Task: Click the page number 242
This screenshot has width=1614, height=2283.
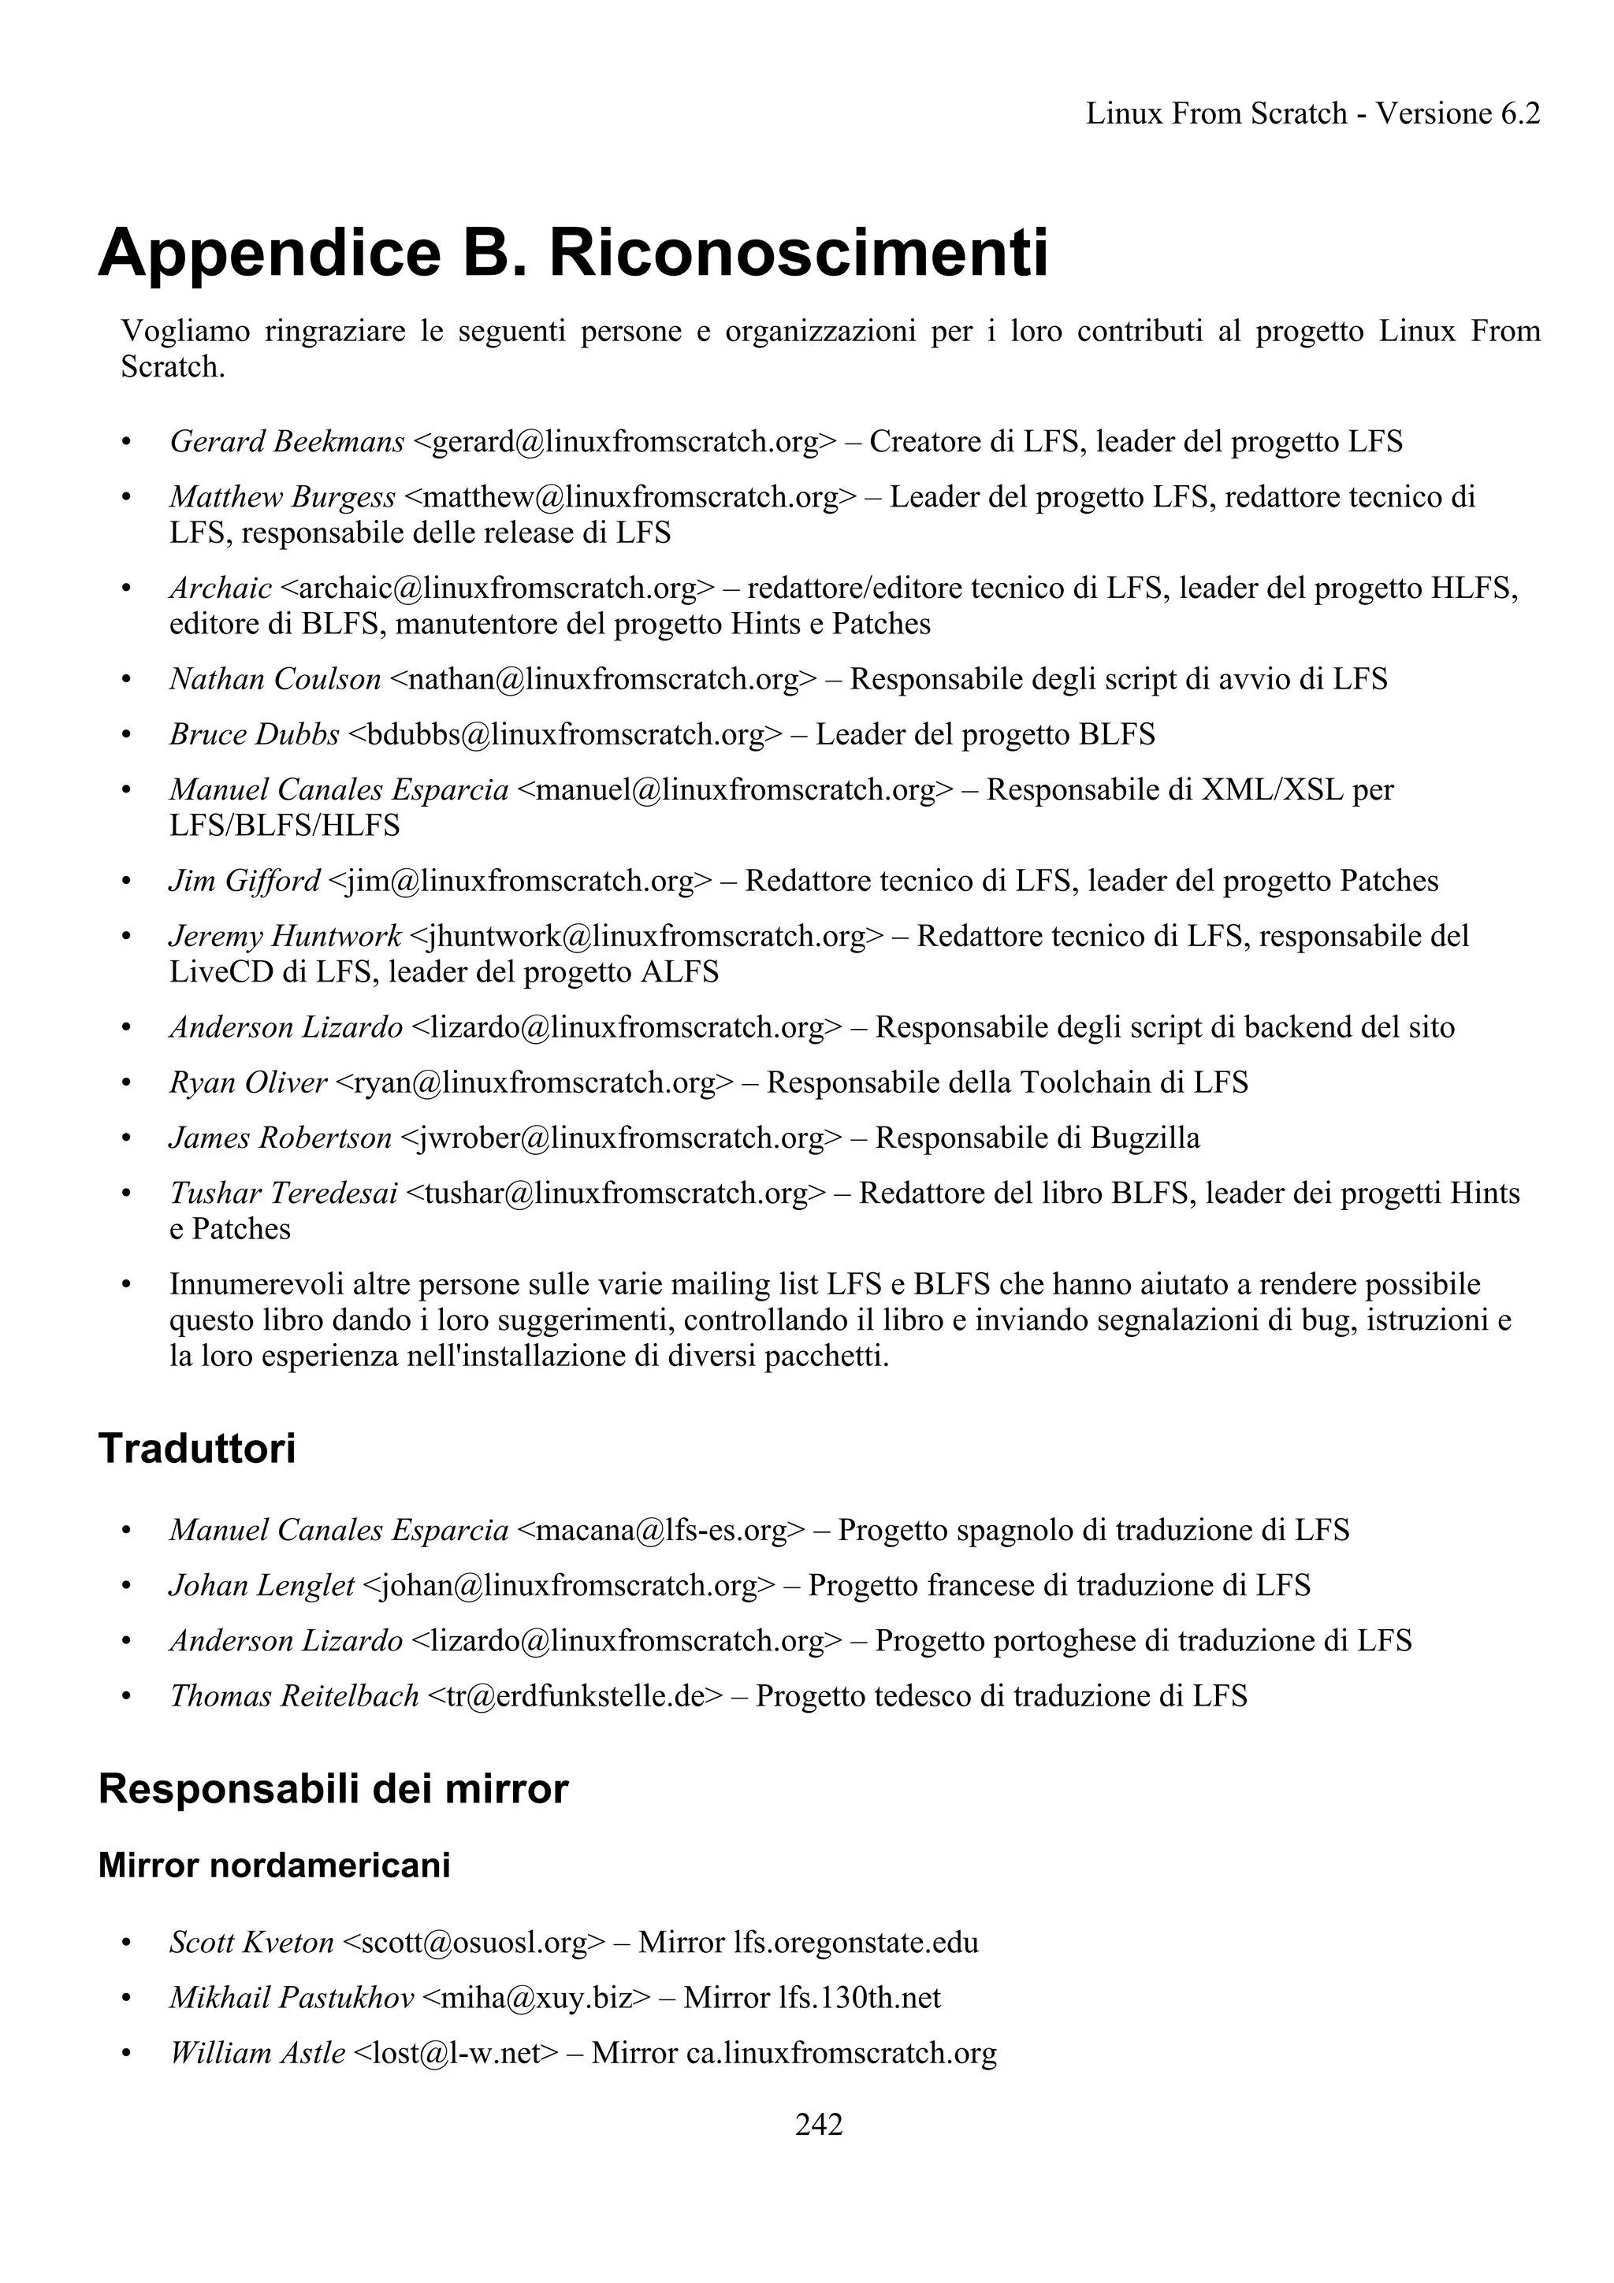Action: coord(819,2125)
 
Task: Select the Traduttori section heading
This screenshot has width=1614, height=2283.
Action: coord(197,1449)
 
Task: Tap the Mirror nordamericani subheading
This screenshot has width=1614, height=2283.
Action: coord(274,1865)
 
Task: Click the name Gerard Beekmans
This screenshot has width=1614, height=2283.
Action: coord(286,441)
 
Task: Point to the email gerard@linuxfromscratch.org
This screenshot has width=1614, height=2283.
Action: coord(623,441)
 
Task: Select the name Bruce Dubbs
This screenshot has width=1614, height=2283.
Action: coord(255,735)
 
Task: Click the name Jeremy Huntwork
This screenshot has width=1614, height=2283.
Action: coord(285,937)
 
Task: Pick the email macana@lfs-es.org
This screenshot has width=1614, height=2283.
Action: coord(661,1531)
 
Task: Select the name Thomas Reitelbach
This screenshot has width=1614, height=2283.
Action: coord(295,1696)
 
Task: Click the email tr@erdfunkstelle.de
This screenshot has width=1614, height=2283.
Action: coord(575,1696)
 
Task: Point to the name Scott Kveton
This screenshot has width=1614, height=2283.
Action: coord(251,1942)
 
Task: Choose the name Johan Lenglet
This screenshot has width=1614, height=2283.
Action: coord(262,1585)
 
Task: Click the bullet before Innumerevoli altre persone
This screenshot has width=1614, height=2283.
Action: coord(126,1286)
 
